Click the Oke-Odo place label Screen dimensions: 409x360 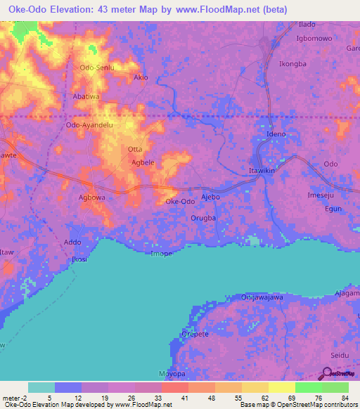pos(180,202)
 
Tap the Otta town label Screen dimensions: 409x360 pos(135,149)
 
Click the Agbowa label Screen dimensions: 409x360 pos(91,198)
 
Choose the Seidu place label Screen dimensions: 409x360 pos(340,356)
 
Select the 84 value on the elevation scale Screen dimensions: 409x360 pos(344,398)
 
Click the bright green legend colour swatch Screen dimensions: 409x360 pos(308,387)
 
